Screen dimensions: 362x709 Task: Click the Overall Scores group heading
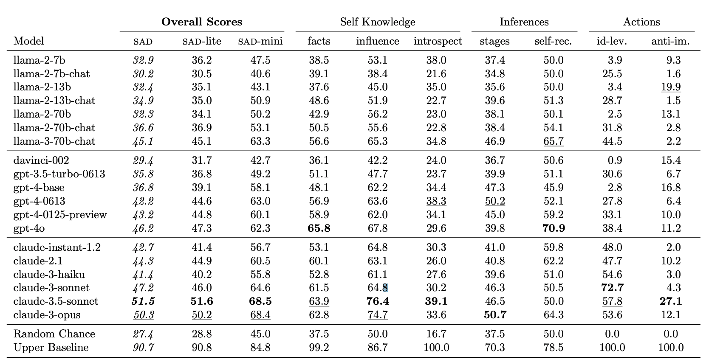(x=202, y=22)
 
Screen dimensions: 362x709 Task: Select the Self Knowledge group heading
(x=378, y=22)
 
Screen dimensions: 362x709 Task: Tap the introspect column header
(x=438, y=41)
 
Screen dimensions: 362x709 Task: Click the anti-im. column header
(x=670, y=41)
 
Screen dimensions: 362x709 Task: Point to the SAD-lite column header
(x=202, y=41)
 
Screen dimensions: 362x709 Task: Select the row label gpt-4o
(x=29, y=228)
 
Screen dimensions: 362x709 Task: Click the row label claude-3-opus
(x=47, y=315)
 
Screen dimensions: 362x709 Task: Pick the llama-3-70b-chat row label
(x=54, y=141)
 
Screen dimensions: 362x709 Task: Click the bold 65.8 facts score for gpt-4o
(x=319, y=228)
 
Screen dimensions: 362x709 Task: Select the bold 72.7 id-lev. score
(x=612, y=288)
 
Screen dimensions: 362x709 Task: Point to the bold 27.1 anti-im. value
(x=671, y=301)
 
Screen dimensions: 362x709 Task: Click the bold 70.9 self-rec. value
(x=554, y=228)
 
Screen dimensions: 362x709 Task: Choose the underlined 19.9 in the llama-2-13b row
(x=671, y=87)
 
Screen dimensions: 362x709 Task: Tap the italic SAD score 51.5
(x=144, y=301)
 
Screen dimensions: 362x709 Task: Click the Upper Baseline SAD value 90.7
(x=144, y=348)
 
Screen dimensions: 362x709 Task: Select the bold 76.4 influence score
(x=377, y=301)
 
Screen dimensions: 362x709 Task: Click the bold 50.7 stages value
(x=495, y=315)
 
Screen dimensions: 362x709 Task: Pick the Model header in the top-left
(x=29, y=41)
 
